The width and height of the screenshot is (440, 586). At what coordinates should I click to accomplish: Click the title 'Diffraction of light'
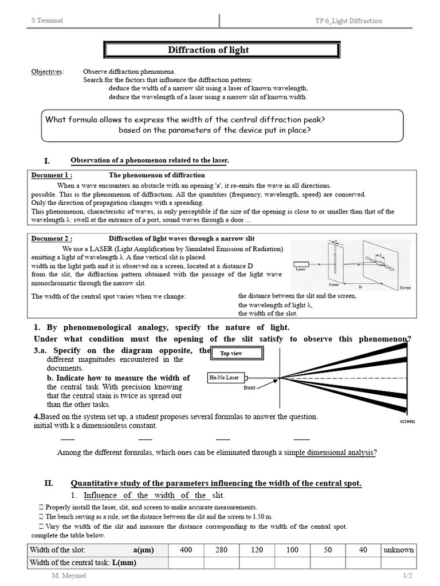pyautogui.click(x=208, y=50)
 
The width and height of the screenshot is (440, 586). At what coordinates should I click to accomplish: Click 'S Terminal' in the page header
pyautogui.click(x=47, y=21)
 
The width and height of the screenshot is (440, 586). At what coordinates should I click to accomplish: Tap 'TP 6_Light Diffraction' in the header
pyautogui.click(x=348, y=21)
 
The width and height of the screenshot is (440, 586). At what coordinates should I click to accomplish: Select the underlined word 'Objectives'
pyautogui.click(x=47, y=72)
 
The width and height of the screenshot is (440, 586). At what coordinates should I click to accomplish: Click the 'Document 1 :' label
pyautogui.click(x=52, y=175)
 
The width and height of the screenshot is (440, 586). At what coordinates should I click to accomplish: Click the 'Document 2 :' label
pyautogui.click(x=52, y=238)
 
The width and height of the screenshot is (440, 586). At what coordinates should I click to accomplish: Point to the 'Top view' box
pyautogui.click(x=231, y=354)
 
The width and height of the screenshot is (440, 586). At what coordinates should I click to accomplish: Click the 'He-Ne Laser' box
pyautogui.click(x=224, y=378)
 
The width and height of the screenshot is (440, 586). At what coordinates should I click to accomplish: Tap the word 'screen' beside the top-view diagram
pyautogui.click(x=407, y=421)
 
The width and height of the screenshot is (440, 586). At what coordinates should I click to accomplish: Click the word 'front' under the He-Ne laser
pyautogui.click(x=249, y=387)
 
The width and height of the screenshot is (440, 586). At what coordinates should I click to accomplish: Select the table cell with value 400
pyautogui.click(x=186, y=550)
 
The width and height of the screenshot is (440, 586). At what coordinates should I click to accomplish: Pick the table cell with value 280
pyautogui.click(x=221, y=550)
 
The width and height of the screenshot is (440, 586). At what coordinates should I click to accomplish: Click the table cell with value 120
pyautogui.click(x=257, y=550)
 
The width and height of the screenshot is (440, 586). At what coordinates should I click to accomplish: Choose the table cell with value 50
pyautogui.click(x=328, y=550)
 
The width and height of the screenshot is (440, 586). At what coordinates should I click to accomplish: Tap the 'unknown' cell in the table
pyautogui.click(x=399, y=550)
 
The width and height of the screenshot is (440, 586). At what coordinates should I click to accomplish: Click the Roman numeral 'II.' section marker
pyautogui.click(x=49, y=483)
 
